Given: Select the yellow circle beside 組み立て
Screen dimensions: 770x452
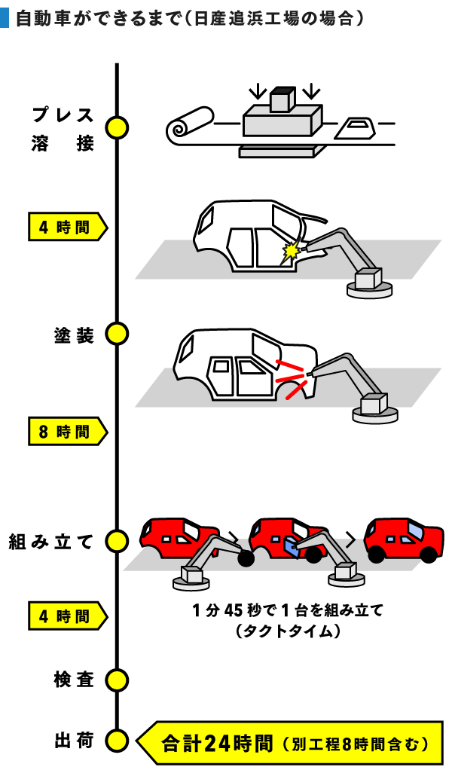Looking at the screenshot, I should coord(117,540).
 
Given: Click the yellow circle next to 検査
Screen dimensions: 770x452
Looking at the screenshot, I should coord(117,680).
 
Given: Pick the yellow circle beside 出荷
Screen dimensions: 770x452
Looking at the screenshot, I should coord(117,741).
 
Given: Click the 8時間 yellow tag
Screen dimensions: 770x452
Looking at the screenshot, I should coord(66,432).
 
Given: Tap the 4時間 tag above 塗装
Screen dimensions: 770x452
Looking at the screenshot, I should coord(66,226).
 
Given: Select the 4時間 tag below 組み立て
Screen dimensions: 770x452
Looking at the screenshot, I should coord(66,616).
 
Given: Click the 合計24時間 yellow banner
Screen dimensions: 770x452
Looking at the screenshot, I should coord(290,743).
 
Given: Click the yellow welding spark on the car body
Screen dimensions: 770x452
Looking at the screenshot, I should coord(289,251).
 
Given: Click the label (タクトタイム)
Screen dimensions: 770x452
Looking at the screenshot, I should coord(288,631).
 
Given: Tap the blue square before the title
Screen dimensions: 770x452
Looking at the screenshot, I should coord(5,17).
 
